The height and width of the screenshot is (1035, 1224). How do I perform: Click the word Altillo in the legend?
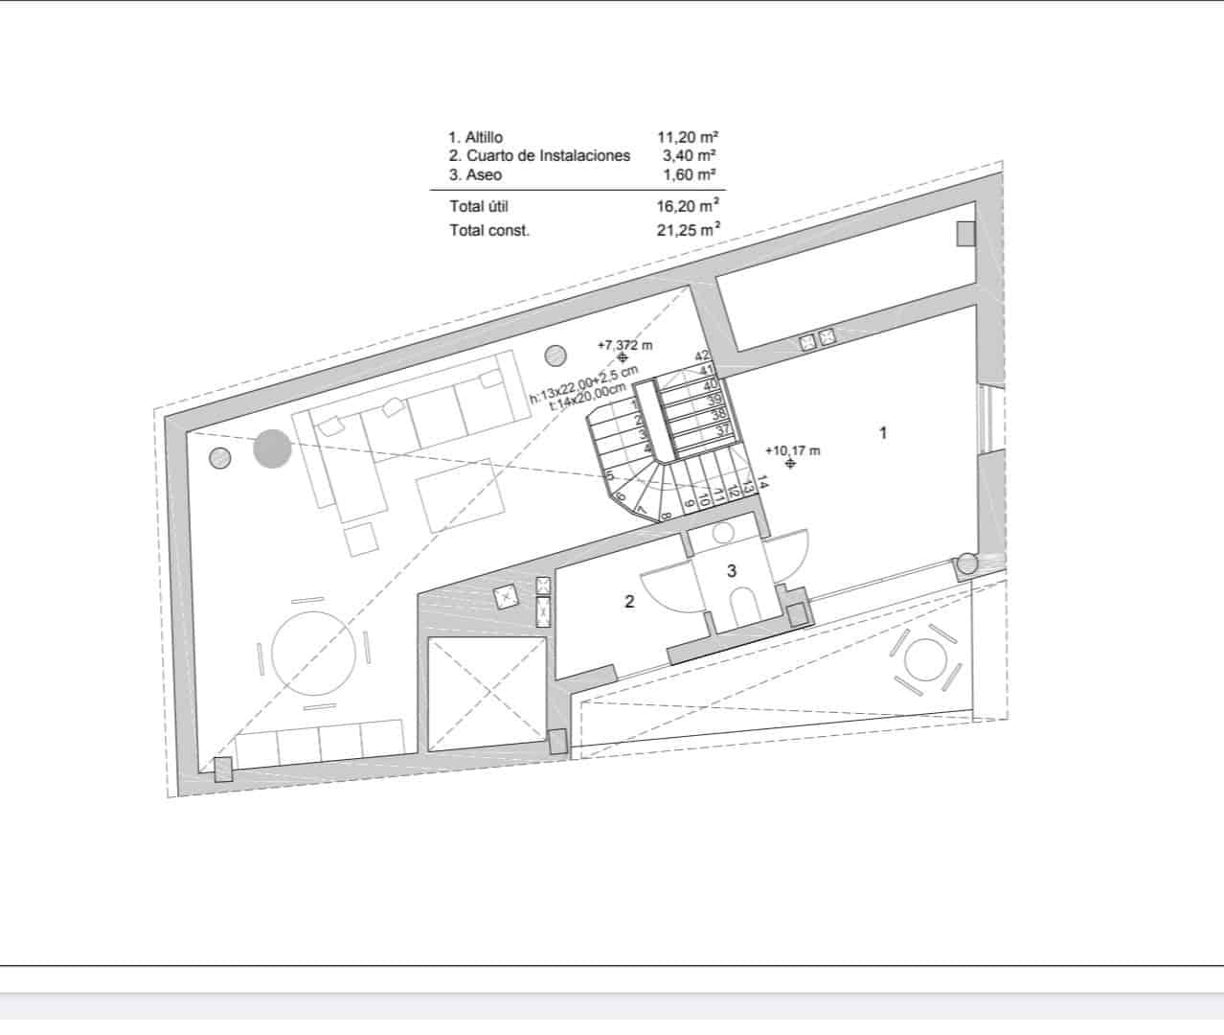click(x=484, y=138)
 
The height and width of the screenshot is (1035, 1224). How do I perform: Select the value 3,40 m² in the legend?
click(x=690, y=155)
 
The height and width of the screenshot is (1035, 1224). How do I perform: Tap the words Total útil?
click(x=479, y=206)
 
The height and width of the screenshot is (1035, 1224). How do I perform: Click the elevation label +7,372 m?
click(x=624, y=344)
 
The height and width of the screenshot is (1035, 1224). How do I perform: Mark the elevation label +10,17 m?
click(x=793, y=449)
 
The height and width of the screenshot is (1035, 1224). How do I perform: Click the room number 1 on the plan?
click(x=883, y=433)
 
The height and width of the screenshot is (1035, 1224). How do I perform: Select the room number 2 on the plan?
click(x=629, y=602)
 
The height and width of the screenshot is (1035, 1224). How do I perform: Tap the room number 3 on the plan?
click(x=732, y=571)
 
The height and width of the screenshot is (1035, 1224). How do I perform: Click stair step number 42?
click(x=702, y=356)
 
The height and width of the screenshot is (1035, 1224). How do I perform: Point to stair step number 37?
click(x=723, y=430)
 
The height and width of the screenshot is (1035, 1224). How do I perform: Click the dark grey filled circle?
click(x=272, y=449)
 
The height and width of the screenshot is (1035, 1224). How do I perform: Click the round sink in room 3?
click(x=723, y=533)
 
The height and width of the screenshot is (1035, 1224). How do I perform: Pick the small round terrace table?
click(x=926, y=661)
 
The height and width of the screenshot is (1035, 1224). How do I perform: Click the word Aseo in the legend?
click(x=484, y=175)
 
